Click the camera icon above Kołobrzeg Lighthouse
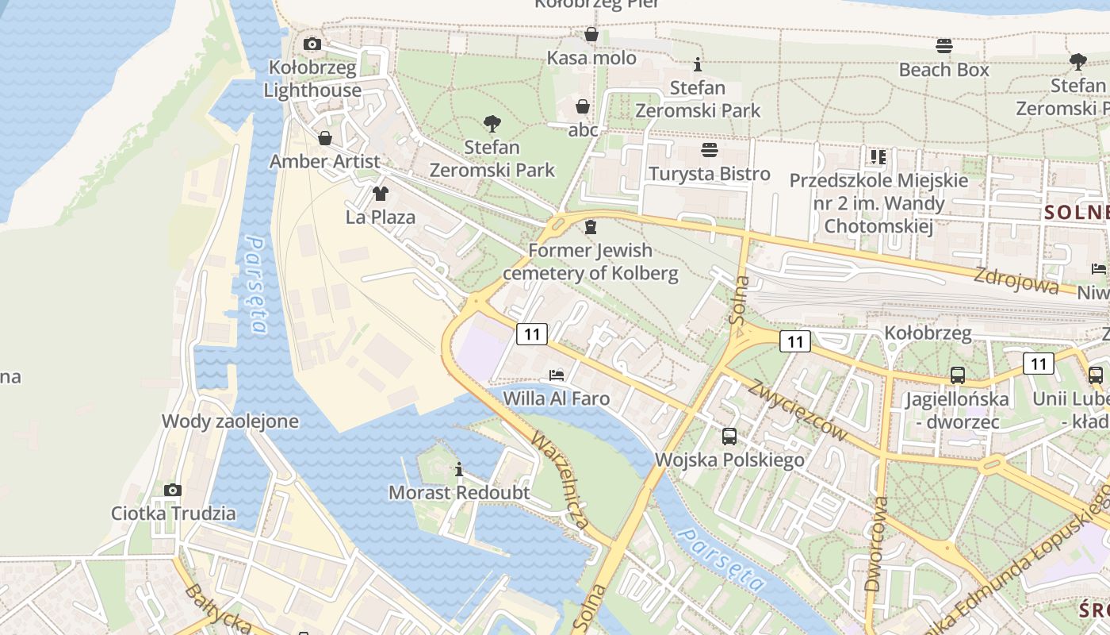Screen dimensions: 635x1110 coord(312,44)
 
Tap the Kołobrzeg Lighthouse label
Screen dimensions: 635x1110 coord(312,79)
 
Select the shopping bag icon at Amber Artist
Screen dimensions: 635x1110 coord(325,139)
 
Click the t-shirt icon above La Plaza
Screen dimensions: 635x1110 coord(381,193)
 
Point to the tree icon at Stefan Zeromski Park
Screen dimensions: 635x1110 coord(492,124)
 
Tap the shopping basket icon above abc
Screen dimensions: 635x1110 coord(583,106)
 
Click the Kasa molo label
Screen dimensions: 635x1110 coord(591,58)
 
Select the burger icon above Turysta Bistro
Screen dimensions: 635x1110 coord(710,150)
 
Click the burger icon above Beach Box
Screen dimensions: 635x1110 coord(943,46)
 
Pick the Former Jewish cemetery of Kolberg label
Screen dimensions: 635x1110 coord(591,262)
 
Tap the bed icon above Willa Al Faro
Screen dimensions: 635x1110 coord(557,375)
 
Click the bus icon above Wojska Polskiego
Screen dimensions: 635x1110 coord(729,436)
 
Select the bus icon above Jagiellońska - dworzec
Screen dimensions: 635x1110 coord(958,375)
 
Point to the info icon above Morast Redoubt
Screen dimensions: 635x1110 coord(458,469)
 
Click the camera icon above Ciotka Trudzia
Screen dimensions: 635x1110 coord(173,490)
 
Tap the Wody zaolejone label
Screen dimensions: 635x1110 coord(230,421)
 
